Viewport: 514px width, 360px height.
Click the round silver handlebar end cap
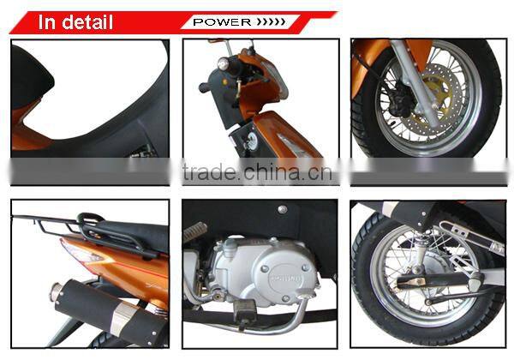point(224,63)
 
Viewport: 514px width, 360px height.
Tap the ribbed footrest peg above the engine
point(198,231)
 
